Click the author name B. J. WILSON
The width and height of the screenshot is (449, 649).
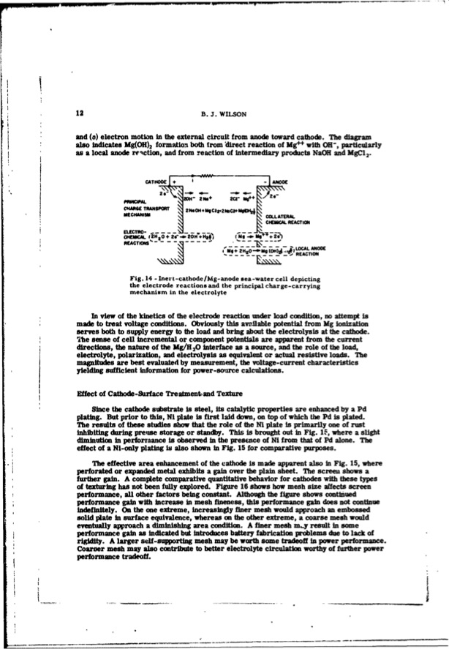coord(224,113)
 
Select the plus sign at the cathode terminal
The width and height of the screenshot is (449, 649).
coord(176,181)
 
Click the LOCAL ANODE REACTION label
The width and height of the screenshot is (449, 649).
coord(320,253)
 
